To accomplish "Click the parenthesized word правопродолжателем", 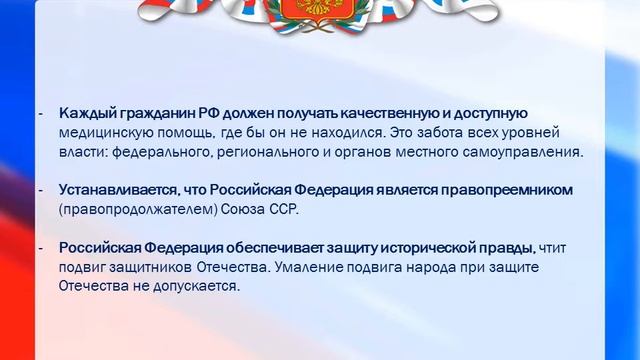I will pyautogui.click(x=129, y=209).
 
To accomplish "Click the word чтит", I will pyautogui.click(x=555, y=247).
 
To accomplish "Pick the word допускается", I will pyautogui.click(x=201, y=285).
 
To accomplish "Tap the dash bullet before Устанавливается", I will pyautogui.click(x=41, y=190).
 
